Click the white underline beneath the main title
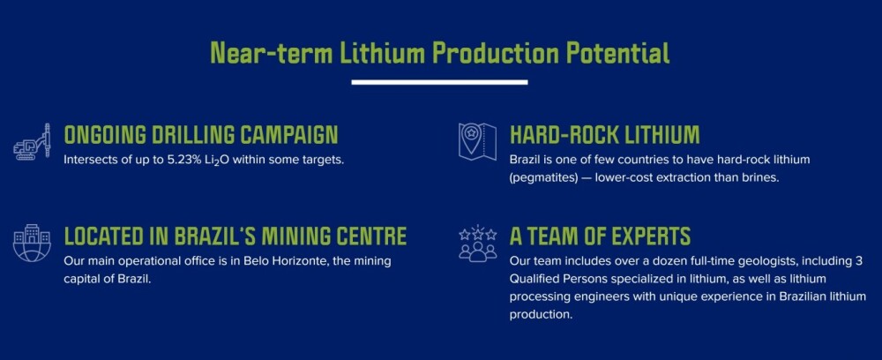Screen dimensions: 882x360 (x=439, y=82)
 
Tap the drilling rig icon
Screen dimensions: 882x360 (x=32, y=142)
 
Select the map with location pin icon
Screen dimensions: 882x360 (x=477, y=141)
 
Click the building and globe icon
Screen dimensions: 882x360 (x=32, y=243)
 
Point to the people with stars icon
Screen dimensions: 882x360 (x=477, y=244)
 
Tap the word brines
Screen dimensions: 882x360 (x=762, y=176)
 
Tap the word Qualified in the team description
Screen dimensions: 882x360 (x=534, y=279)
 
